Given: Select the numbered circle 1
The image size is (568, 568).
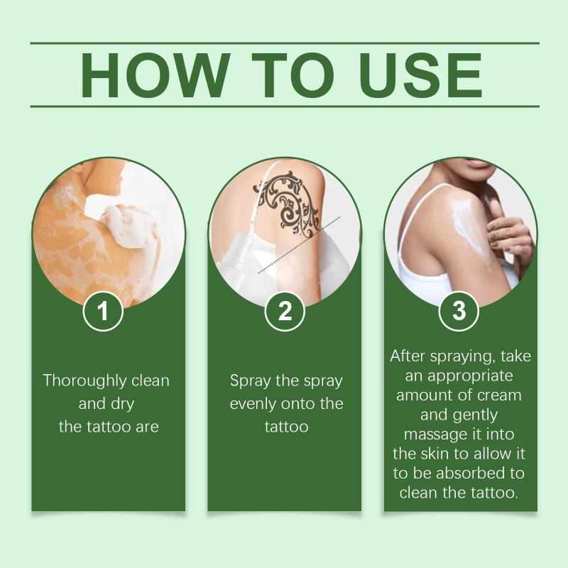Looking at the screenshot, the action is [103, 311].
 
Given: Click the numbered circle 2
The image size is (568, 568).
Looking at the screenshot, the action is [285, 311].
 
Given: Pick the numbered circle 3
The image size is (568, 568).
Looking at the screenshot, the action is [459, 311].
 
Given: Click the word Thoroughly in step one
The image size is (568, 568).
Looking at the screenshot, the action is [85, 381].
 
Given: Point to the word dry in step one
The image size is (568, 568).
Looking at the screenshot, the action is [122, 404].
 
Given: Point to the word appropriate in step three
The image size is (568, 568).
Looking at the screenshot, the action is [470, 376].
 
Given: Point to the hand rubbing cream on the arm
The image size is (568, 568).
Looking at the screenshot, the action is [510, 232].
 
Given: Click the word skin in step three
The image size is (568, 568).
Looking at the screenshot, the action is [435, 454].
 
